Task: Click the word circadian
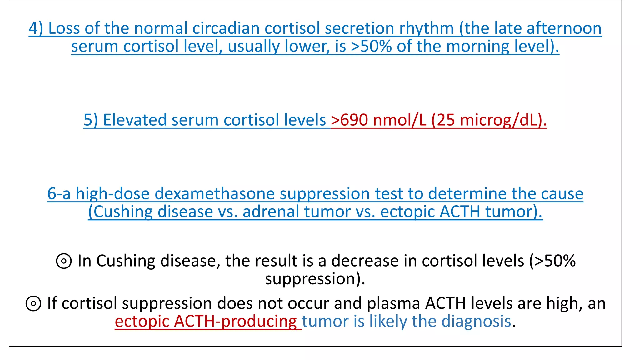[x=226, y=28]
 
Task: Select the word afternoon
[x=564, y=28]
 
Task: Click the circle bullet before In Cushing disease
[x=64, y=261]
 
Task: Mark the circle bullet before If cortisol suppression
[x=33, y=304]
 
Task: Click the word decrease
[x=365, y=261]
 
